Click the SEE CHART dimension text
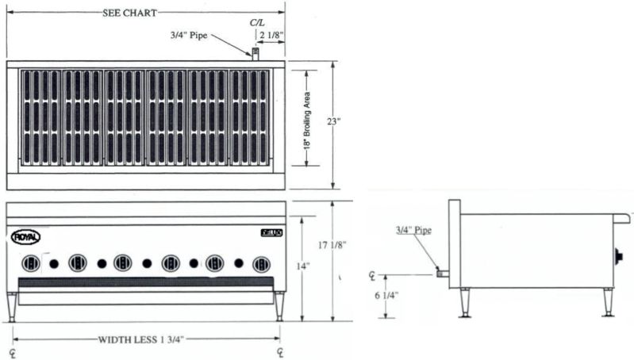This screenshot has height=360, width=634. (x=129, y=13)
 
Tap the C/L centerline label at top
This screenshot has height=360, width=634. (x=258, y=25)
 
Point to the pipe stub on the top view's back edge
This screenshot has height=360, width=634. (x=256, y=54)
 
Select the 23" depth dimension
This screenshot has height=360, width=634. (x=334, y=121)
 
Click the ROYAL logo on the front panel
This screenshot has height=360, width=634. (x=25, y=236)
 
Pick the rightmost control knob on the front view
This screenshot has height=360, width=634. (x=260, y=263)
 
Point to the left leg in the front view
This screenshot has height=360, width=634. (x=11, y=305)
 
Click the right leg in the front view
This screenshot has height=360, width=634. (x=279, y=305)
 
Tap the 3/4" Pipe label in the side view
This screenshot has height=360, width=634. (x=413, y=231)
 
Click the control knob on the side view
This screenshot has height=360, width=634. (x=617, y=256)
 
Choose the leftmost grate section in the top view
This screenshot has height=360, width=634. (x=39, y=117)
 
